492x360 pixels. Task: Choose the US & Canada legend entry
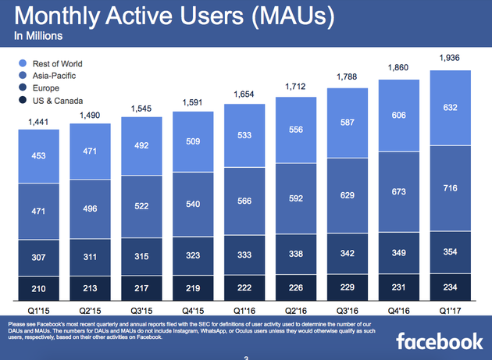click(x=55, y=102)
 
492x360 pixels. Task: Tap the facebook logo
click(x=439, y=341)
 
